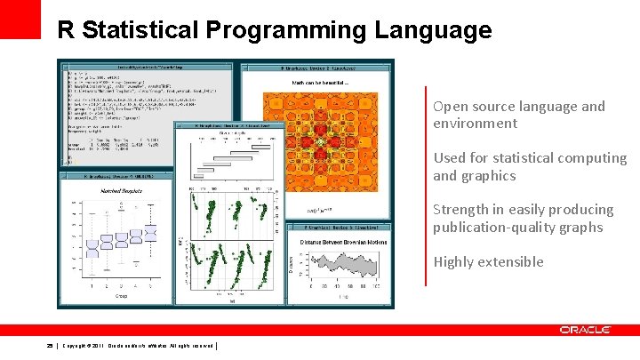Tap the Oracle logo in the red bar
tap(585, 330)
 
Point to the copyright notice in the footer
tap(138, 346)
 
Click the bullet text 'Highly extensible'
tap(488, 261)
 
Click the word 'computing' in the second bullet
tap(595, 158)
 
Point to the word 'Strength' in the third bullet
tap(461, 210)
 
